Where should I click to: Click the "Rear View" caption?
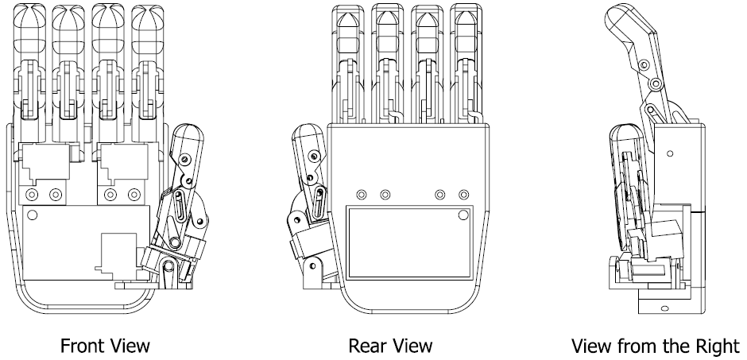[391, 345]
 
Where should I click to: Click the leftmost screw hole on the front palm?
[32, 194]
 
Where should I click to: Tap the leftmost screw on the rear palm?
[362, 194]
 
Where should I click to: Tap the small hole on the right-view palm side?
[669, 152]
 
